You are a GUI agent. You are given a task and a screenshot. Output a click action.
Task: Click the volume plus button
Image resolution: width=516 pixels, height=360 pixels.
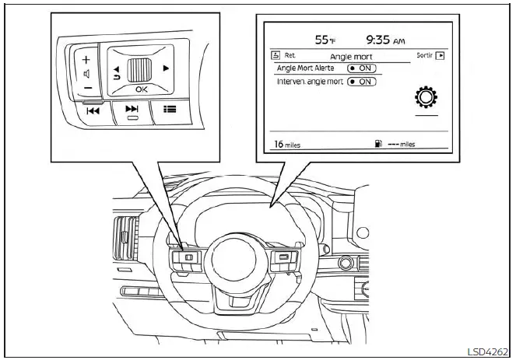tap(86, 59)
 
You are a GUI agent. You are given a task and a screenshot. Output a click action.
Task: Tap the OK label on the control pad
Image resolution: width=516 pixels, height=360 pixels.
tap(140, 89)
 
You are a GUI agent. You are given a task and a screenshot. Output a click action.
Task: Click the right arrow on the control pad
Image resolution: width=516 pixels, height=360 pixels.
tap(166, 68)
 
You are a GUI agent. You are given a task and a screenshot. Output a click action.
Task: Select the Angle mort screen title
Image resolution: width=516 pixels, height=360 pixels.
tap(352, 57)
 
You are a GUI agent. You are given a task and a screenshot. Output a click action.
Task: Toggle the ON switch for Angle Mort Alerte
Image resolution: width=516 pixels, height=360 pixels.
tap(361, 68)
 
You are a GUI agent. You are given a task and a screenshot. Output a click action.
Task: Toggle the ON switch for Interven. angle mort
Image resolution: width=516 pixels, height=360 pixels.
tap(361, 82)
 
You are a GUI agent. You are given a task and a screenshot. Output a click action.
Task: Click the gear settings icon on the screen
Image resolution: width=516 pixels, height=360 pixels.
tap(425, 96)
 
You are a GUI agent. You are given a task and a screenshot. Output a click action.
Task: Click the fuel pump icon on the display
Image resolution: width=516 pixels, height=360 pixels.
tap(377, 144)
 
